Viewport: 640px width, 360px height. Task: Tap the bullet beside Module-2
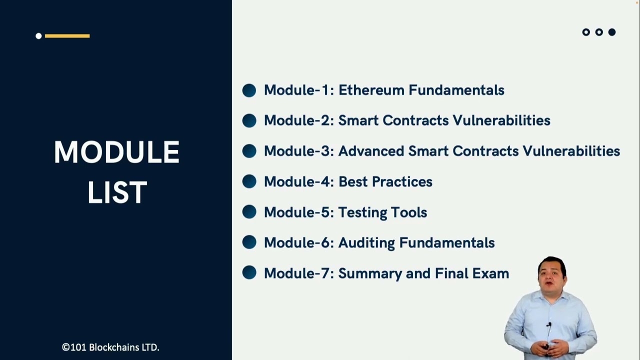pos(249,120)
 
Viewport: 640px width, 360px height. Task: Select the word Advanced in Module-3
pos(371,151)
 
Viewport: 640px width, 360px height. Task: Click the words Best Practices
pos(385,181)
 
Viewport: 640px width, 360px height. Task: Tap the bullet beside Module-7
pos(249,273)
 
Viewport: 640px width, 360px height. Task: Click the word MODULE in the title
pos(116,152)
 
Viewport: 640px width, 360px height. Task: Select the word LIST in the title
pos(117,192)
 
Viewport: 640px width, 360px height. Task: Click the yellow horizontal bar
pos(67,35)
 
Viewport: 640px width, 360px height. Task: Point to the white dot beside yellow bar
pos(38,35)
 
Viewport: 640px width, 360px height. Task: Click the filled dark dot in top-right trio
pos(611,32)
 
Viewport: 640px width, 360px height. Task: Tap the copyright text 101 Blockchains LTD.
pos(110,347)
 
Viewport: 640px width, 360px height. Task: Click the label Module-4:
pos(298,181)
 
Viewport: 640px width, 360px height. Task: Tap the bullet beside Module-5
pos(249,212)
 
